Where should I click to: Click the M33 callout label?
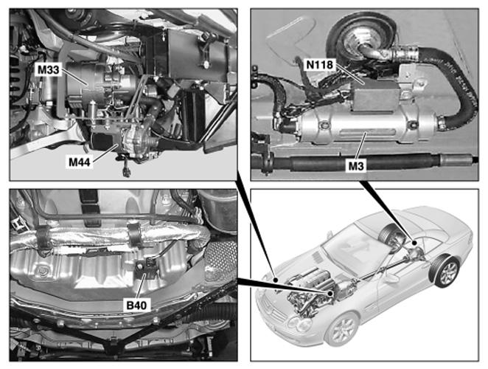tap(48, 70)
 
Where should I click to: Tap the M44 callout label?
tap(80, 162)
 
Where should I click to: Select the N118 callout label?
tap(319, 64)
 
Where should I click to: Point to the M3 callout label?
tap(356, 166)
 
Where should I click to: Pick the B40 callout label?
tap(136, 305)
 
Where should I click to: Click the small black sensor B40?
tap(147, 269)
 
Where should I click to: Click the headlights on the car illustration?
tap(299, 323)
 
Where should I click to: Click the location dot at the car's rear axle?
tap(414, 243)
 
